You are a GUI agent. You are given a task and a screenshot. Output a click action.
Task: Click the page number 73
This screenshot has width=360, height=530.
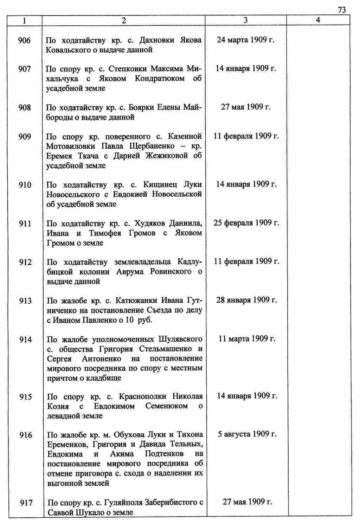[x=342, y=10]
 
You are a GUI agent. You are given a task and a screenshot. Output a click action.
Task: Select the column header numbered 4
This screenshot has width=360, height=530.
[x=318, y=20]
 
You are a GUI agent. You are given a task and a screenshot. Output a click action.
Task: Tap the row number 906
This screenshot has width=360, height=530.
[x=25, y=40]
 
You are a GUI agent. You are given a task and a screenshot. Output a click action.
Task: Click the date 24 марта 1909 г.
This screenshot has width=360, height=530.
[x=245, y=40]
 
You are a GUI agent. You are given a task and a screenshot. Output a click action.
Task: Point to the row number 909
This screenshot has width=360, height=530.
[x=25, y=136]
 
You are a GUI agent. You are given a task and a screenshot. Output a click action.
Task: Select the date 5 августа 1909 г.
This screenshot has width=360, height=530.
[x=247, y=434]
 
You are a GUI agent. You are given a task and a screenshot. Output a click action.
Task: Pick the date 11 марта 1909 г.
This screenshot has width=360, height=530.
[x=247, y=338]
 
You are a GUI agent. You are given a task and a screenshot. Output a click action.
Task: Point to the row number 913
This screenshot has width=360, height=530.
[x=25, y=301]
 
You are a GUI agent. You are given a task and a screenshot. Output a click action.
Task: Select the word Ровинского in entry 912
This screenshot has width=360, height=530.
[x=171, y=272]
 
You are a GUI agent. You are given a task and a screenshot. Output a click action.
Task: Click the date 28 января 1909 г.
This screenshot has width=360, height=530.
[x=246, y=300]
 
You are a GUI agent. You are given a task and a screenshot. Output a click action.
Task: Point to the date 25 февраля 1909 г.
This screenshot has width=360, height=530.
[x=246, y=223]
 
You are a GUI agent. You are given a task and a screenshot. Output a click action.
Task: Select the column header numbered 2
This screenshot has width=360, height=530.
[x=123, y=20]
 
